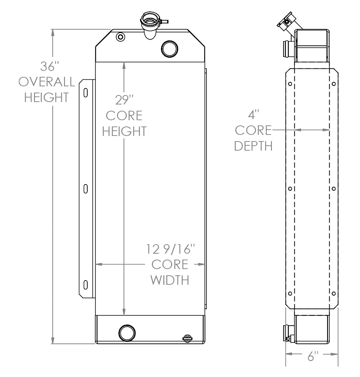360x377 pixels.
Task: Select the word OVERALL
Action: click(x=47, y=82)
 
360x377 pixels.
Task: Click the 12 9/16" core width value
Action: click(x=170, y=249)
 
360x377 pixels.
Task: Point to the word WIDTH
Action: click(x=170, y=280)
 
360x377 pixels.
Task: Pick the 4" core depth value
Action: click(x=253, y=115)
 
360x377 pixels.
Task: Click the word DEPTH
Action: click(x=253, y=146)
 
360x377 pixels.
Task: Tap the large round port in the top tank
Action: click(x=170, y=48)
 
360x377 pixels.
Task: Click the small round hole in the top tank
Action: click(x=120, y=37)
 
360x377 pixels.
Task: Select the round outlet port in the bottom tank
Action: click(x=126, y=332)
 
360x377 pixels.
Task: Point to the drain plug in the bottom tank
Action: click(x=187, y=338)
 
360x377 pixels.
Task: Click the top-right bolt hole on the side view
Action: click(x=334, y=84)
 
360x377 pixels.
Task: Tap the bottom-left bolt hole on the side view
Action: click(x=290, y=293)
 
